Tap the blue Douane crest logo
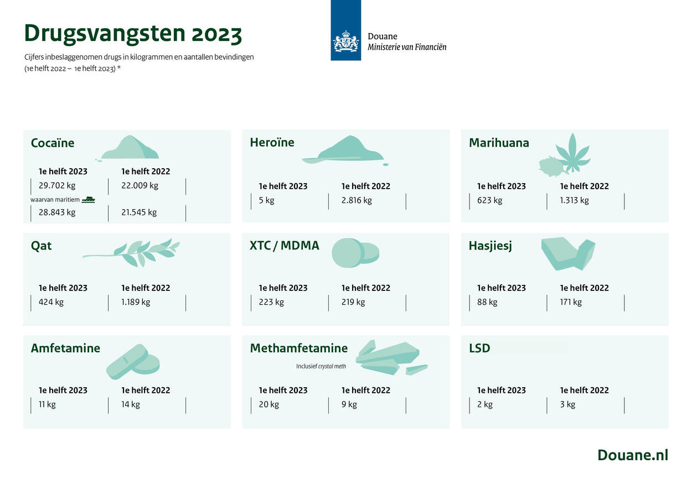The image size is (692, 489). (345, 30)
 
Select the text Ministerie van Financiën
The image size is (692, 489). (407, 47)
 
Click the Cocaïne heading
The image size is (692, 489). (53, 143)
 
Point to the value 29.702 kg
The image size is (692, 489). (57, 185)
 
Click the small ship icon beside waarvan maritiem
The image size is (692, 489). (89, 200)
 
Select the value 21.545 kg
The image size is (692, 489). (139, 212)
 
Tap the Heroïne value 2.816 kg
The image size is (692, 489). (357, 200)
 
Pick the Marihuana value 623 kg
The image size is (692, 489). (489, 200)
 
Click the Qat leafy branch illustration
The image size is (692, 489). (131, 252)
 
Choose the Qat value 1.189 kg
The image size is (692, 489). (136, 302)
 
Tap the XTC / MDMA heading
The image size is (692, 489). (285, 246)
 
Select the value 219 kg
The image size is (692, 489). (353, 302)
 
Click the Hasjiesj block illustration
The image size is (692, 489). (568, 254)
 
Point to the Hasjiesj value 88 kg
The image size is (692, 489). (487, 302)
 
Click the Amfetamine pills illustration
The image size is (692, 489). (133, 362)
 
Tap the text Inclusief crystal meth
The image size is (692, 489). (321, 366)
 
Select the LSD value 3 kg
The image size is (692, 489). (567, 404)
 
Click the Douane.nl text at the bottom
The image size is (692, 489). (633, 455)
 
